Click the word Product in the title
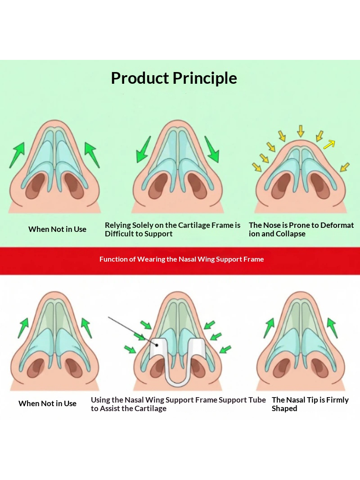[140, 78]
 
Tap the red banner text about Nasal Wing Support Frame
[181, 259]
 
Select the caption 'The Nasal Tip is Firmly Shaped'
[310, 404]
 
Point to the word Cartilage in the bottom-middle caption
[150, 409]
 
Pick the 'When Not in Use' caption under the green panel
[57, 229]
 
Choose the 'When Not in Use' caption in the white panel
[47, 403]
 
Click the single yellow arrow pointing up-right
[329, 144]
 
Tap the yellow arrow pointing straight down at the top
[301, 131]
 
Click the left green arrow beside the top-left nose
[17, 155]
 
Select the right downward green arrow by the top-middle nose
[212, 149]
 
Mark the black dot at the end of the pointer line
[157, 345]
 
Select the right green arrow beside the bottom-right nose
[333, 328]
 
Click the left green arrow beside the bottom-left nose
[23, 328]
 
